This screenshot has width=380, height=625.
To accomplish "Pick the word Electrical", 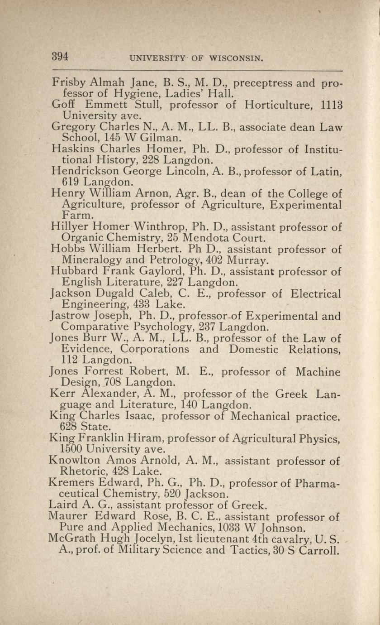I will [x=315, y=293].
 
